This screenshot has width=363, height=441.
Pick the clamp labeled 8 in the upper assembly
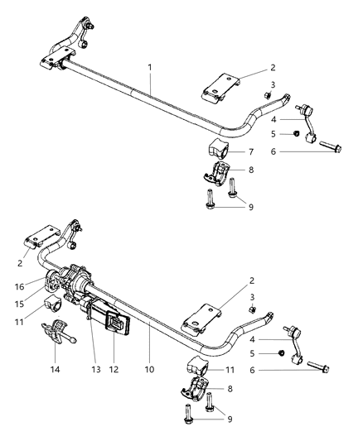coord(218,175)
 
